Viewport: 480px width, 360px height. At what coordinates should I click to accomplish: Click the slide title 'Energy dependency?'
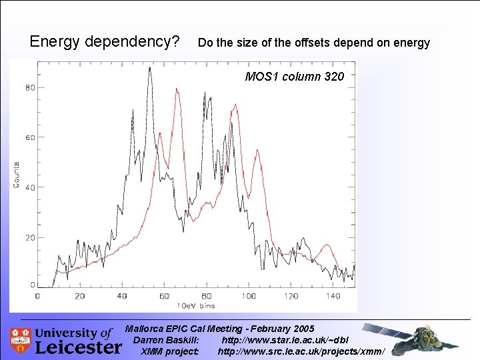(105, 42)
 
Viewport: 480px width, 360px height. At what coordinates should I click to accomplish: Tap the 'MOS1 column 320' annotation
(295, 77)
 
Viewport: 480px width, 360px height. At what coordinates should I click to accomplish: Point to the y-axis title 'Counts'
(17, 175)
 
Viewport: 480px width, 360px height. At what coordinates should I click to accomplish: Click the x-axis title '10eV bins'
(197, 305)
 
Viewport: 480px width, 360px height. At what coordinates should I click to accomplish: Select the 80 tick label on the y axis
(30, 87)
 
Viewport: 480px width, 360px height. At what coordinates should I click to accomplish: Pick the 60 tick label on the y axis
(30, 137)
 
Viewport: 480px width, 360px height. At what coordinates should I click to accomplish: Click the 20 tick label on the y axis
(30, 237)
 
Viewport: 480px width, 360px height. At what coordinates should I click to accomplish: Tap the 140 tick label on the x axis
(333, 296)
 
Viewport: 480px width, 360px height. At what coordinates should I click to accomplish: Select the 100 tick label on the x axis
(249, 296)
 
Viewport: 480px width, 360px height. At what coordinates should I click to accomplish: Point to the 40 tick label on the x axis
(122, 296)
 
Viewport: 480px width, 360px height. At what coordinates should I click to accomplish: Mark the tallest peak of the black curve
(149, 68)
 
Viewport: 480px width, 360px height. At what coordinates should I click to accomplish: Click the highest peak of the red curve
(177, 89)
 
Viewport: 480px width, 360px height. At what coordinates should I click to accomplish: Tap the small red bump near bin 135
(325, 246)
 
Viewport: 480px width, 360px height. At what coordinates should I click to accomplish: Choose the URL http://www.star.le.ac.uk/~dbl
(285, 340)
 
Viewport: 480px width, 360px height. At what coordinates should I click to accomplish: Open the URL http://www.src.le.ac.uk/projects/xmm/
(301, 351)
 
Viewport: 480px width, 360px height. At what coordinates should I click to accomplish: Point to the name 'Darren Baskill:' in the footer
(166, 340)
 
